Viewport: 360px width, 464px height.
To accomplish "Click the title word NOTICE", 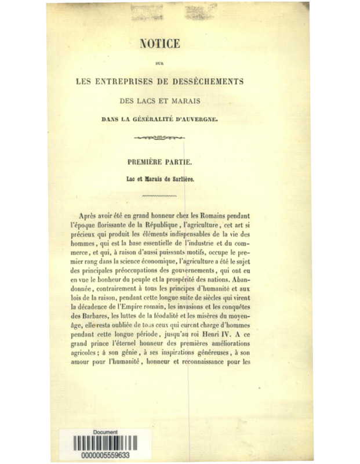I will pos(165,43).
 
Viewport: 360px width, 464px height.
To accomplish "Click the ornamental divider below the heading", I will pos(164,139).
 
